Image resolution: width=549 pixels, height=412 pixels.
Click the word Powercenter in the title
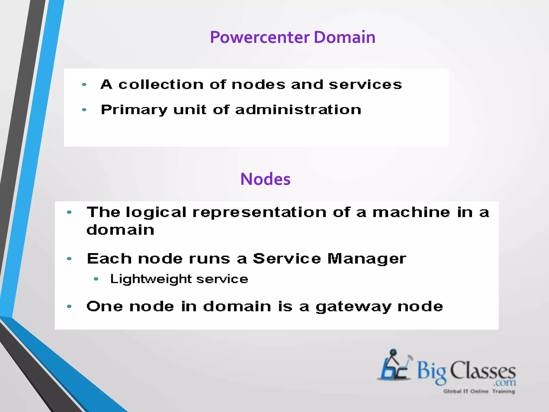(260, 37)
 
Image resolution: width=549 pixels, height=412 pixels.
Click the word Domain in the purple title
(344, 37)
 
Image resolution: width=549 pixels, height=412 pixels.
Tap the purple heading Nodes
(265, 179)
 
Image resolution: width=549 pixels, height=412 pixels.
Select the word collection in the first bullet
(161, 85)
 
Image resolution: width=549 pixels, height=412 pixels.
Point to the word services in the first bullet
(365, 85)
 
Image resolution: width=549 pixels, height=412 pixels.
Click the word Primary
(134, 110)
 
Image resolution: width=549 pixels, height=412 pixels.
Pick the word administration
(298, 110)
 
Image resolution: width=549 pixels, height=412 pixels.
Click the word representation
(259, 213)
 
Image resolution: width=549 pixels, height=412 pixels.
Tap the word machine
(411, 213)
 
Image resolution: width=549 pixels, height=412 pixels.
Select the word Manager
(367, 259)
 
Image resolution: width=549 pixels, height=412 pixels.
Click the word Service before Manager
(287, 259)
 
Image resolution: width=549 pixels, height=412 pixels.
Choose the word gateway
(353, 307)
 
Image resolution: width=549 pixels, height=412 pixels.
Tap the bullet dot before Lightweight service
(96, 279)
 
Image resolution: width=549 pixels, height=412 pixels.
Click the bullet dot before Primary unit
(84, 110)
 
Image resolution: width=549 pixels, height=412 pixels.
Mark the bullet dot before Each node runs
(69, 259)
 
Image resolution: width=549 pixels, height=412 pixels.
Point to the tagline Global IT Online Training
(479, 391)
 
